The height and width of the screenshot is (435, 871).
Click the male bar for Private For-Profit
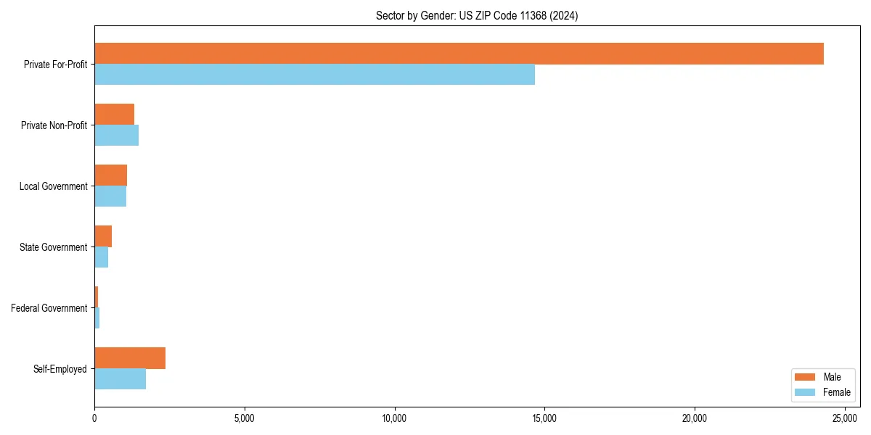(459, 54)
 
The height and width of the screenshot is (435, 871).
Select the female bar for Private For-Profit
(314, 75)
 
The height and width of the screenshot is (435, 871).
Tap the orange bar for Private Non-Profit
(114, 115)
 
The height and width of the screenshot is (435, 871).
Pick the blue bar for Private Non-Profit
(116, 136)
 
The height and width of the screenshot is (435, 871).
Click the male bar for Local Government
(110, 175)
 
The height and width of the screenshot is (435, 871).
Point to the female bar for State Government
(101, 257)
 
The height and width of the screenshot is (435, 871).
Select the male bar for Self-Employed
(130, 358)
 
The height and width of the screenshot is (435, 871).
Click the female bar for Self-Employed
(120, 379)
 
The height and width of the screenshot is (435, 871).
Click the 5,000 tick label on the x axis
(245, 418)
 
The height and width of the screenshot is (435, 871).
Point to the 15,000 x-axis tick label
(544, 418)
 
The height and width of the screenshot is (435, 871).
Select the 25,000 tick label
(845, 418)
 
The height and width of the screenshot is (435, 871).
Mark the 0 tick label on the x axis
(94, 418)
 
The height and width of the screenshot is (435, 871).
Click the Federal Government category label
(49, 308)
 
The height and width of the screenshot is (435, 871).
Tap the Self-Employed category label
(60, 369)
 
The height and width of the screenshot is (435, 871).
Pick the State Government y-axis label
(53, 247)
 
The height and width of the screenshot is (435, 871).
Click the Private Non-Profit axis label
(54, 125)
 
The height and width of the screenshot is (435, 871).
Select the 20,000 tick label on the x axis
(695, 418)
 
